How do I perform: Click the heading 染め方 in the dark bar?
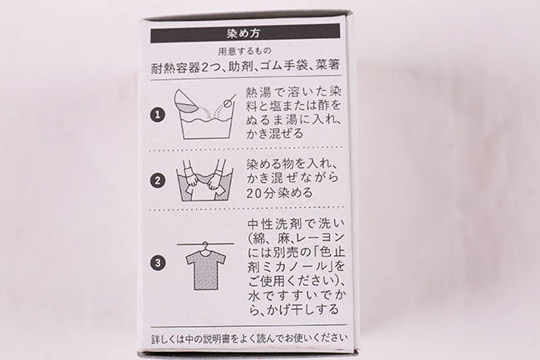(x=243, y=33)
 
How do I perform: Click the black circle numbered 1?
(x=158, y=115)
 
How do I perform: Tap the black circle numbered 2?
(x=158, y=180)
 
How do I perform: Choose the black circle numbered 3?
(x=158, y=264)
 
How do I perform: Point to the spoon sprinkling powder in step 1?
(x=230, y=100)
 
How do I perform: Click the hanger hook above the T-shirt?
(x=205, y=247)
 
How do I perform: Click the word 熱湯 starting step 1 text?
(x=261, y=92)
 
